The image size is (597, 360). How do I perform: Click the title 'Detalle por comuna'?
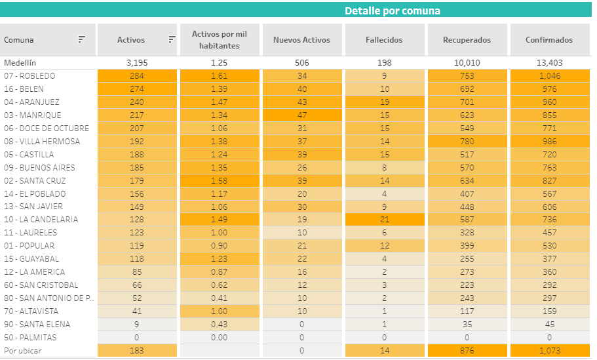point(392,10)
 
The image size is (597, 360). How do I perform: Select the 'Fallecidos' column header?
point(384,40)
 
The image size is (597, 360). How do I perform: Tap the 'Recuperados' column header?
point(467,40)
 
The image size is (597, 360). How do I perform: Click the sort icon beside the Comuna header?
point(82,39)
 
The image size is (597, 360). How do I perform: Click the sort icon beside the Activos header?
point(172,39)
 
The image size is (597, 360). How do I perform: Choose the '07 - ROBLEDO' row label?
point(29,76)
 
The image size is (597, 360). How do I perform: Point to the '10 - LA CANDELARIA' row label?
point(41,220)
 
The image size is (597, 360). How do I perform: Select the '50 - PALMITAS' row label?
point(30,338)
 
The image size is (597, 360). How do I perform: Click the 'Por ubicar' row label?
point(20,351)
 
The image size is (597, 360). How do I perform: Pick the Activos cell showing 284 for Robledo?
point(138,76)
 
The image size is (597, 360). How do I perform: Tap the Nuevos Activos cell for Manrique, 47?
point(301,115)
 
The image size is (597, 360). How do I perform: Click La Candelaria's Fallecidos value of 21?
point(384,220)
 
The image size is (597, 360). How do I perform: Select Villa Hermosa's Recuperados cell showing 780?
point(467,142)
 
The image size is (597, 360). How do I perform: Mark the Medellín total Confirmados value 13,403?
point(549,63)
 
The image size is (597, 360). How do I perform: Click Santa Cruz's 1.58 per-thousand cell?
point(220,181)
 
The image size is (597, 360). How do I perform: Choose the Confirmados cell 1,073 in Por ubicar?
point(549,351)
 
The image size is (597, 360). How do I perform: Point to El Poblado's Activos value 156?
point(138,194)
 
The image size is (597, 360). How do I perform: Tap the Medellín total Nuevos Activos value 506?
point(301,63)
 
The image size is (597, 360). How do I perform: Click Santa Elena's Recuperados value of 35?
point(467,325)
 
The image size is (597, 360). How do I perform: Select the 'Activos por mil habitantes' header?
point(220,40)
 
